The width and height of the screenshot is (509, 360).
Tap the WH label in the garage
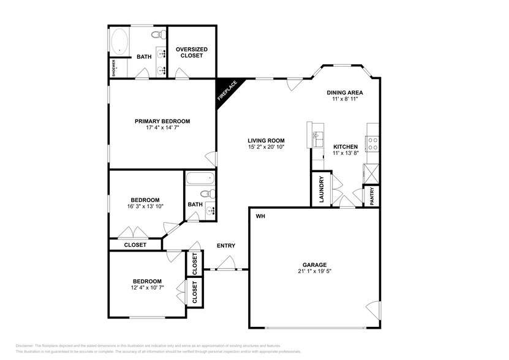tap(260, 216)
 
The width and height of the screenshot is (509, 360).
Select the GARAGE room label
tap(314, 265)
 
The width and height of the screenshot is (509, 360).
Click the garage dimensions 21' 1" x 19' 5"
tap(314, 272)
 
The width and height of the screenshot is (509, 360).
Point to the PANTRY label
tap(372, 195)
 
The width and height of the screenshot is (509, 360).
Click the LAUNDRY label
tap(320, 190)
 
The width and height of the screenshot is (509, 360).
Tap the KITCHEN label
tap(345, 147)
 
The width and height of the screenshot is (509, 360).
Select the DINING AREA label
tap(345, 92)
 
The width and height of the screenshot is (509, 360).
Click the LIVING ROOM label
tap(266, 140)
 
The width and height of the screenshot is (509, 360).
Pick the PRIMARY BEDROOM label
tap(162, 121)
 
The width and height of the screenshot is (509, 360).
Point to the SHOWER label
tap(113, 67)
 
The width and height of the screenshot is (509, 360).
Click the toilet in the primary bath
tap(156, 35)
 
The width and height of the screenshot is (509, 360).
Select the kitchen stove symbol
tap(372, 143)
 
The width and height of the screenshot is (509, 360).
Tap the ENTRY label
tap(225, 246)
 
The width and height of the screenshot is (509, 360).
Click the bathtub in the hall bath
tap(200, 179)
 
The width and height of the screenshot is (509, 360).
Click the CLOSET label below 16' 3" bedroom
tap(135, 245)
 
